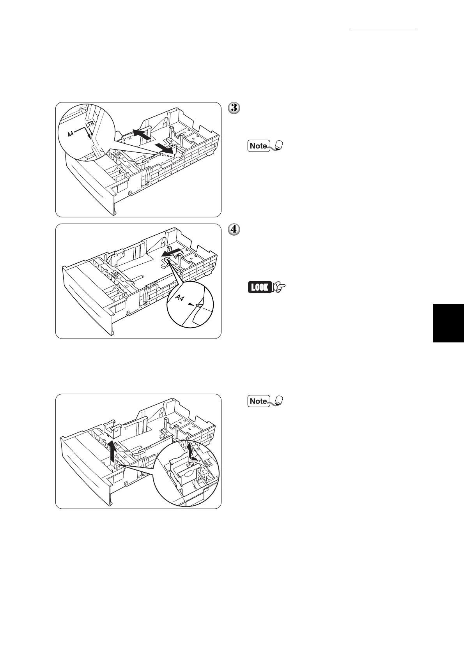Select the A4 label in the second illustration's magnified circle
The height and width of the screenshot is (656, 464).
point(180,298)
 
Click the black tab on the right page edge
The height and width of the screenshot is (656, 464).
point(448,323)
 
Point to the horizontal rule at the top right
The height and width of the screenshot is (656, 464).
point(384,29)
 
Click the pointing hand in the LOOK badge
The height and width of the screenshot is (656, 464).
point(280,288)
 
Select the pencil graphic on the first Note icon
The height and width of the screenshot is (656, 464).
point(278,146)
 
